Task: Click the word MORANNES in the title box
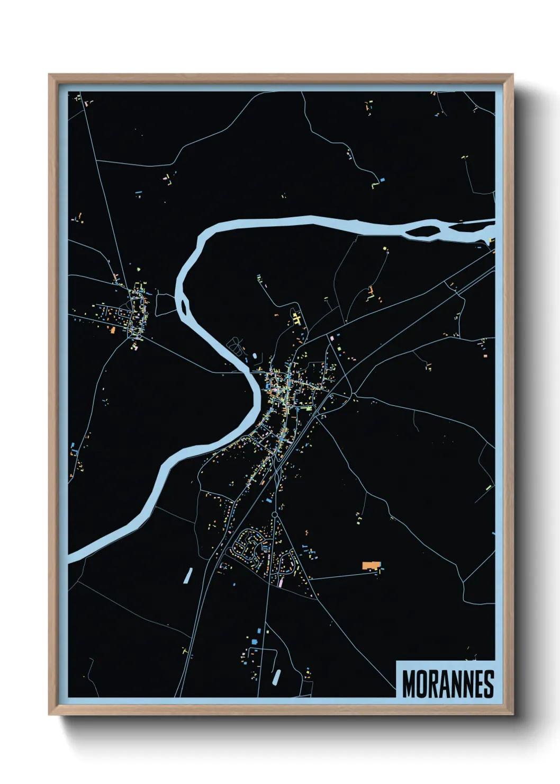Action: coord(448,684)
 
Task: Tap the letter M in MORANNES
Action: coord(409,684)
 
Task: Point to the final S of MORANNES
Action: coord(489,684)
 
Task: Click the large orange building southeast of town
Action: coord(371,565)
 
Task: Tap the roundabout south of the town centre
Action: coord(275,514)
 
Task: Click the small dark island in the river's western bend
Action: coord(185,306)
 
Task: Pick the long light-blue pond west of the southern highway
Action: coord(188,575)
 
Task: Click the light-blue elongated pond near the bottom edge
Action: coord(276,676)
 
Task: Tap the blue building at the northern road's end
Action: coord(382,180)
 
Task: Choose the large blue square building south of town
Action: coord(254,642)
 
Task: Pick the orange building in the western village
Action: coord(113,330)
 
